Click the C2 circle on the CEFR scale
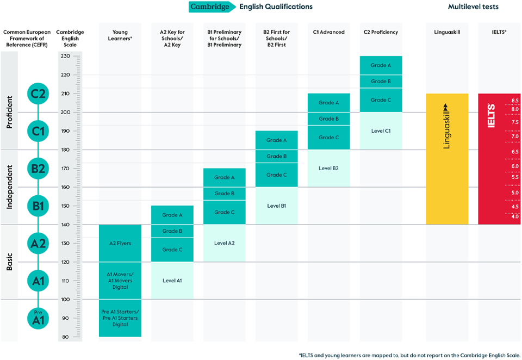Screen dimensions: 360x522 tap(38, 94)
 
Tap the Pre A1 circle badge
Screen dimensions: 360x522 tap(38, 318)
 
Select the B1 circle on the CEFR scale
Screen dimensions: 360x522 tap(38, 206)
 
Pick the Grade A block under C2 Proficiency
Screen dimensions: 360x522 tap(381, 65)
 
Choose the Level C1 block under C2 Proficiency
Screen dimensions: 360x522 tap(381, 131)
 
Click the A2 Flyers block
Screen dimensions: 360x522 tap(120, 243)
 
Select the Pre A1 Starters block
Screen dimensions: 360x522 tap(120, 318)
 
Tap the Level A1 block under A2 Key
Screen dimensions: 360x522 tap(172, 281)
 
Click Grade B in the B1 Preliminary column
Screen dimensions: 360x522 tap(224, 194)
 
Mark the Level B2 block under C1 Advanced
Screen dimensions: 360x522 tap(328, 168)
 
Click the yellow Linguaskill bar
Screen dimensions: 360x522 tap(447, 159)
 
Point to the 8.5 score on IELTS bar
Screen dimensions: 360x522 tap(514, 101)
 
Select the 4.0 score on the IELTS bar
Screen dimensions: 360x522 tap(514, 216)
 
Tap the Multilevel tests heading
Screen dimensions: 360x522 tap(473, 7)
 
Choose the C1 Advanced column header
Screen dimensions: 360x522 tap(328, 32)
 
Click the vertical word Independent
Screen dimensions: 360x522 tap(9, 187)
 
